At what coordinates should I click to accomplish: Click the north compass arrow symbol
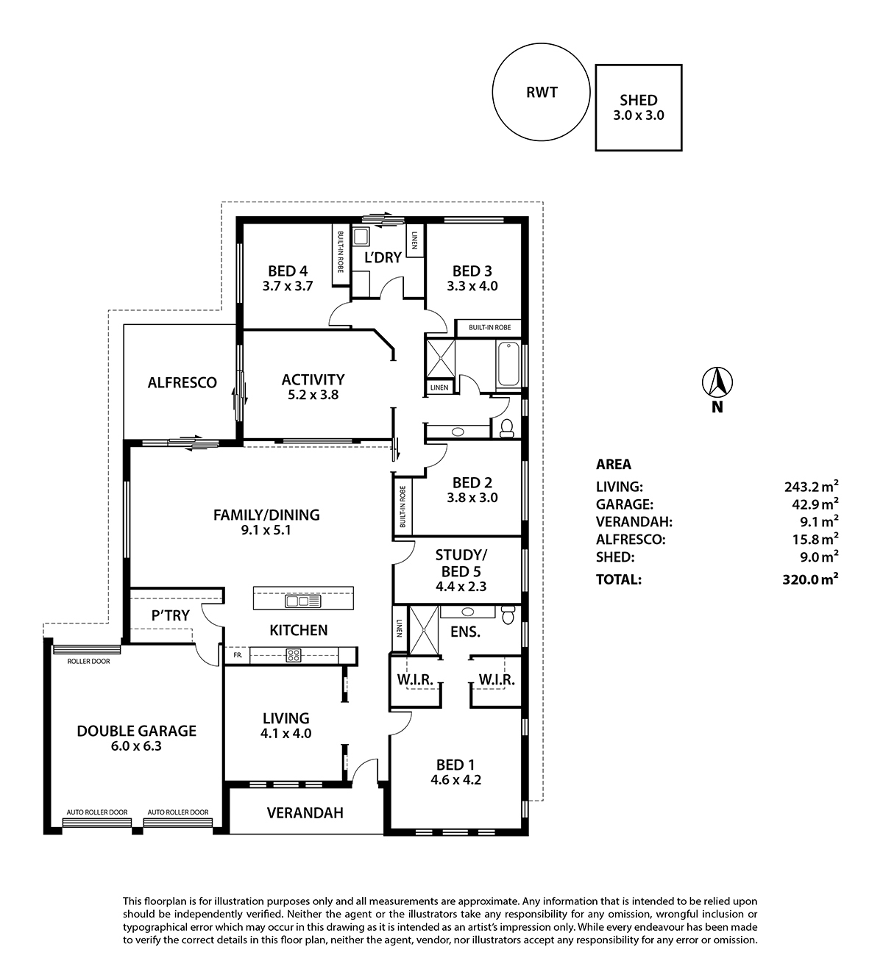(717, 382)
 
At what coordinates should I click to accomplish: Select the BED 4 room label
(288, 271)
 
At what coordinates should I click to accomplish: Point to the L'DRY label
(383, 257)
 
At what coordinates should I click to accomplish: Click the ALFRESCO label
(182, 382)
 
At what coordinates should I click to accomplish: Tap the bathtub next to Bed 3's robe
(508, 365)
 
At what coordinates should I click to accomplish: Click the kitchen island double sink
(303, 601)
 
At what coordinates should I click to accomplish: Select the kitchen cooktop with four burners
(294, 656)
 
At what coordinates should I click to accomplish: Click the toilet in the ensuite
(508, 615)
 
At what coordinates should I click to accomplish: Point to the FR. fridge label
(238, 656)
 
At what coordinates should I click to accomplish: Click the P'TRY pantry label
(170, 615)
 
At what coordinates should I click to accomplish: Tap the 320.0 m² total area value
(810, 579)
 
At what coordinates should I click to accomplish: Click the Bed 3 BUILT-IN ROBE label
(490, 327)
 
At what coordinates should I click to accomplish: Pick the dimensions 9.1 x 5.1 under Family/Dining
(266, 530)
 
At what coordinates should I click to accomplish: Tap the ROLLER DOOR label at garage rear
(88, 661)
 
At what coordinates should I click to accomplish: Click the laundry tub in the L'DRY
(361, 237)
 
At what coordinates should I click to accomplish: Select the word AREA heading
(614, 464)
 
